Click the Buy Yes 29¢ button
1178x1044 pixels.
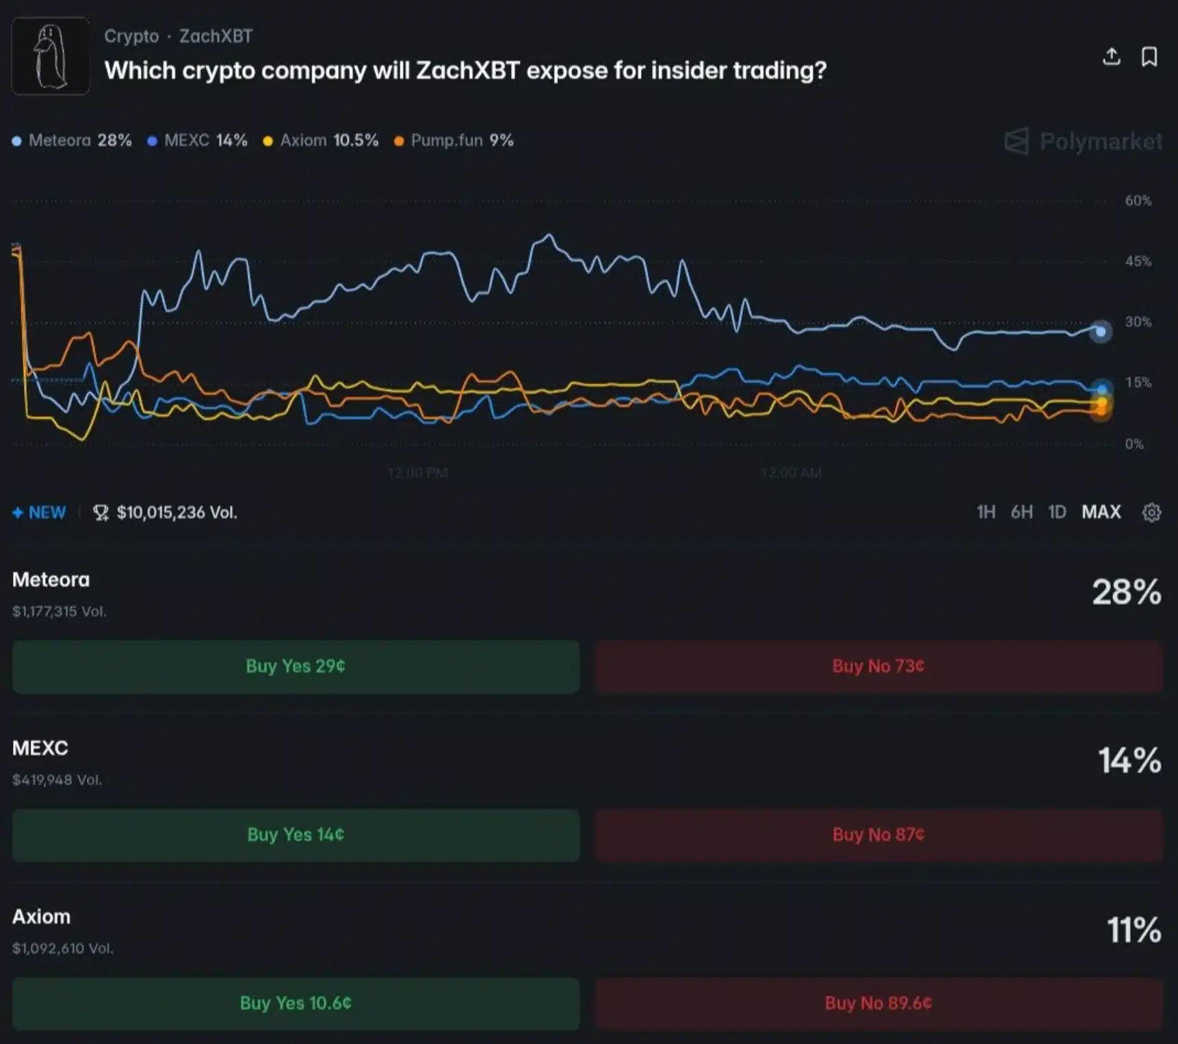tap(296, 666)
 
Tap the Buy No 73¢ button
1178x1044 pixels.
tap(878, 666)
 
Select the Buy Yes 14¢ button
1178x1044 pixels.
tap(296, 835)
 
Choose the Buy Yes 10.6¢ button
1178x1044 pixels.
tap(296, 1004)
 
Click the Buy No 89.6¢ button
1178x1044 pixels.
tap(878, 1004)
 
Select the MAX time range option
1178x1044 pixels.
tap(1101, 512)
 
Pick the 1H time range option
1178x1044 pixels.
tap(986, 512)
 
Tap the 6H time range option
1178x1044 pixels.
tap(1021, 512)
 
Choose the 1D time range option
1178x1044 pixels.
tap(1057, 512)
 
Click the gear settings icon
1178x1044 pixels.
tap(1151, 512)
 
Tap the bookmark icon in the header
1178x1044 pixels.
tap(1149, 57)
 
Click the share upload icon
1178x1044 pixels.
tap(1112, 57)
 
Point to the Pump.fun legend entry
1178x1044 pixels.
tap(454, 141)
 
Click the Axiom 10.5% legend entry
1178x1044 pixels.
tap(322, 141)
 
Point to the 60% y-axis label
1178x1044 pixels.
tap(1138, 201)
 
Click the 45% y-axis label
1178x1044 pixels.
tap(1138, 261)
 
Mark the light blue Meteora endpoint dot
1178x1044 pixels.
tap(1100, 332)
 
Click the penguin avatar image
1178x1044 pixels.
tap(51, 56)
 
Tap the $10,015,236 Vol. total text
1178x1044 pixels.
tap(176, 512)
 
